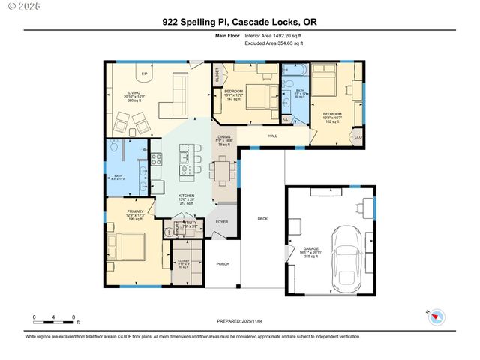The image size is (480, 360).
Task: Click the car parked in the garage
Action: [346, 260]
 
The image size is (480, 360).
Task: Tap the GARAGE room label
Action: [310, 248]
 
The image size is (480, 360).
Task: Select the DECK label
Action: [262, 219]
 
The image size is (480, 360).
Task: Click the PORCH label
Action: [222, 264]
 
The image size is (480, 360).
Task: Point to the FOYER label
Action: [222, 222]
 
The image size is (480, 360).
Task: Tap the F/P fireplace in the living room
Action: [144, 73]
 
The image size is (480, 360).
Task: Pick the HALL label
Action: [273, 136]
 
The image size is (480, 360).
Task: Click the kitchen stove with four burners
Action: [156, 159]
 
